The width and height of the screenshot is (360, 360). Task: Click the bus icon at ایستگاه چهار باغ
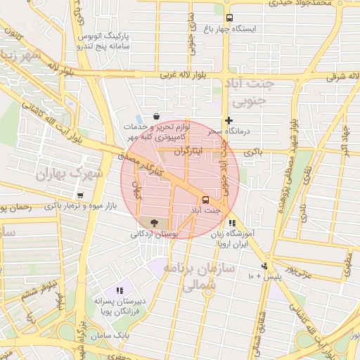229,18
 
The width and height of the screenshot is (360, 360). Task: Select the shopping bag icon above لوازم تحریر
155,116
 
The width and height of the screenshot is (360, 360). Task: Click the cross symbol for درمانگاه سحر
229,121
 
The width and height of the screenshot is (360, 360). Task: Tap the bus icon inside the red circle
205,200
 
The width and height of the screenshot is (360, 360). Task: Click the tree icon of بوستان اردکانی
154,222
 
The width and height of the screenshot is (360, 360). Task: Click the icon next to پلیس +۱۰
264,266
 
